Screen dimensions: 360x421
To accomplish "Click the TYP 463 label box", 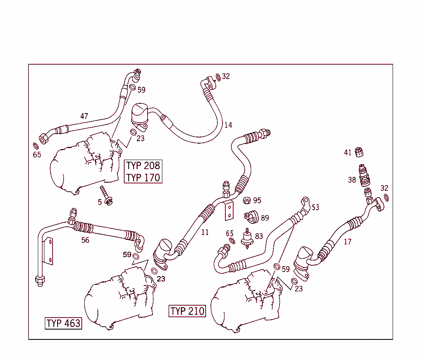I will [x=63, y=323].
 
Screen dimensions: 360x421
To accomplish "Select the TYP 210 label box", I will [x=187, y=311].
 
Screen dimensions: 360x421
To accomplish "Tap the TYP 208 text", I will [x=143, y=166].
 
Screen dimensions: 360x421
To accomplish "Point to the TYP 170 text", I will [x=143, y=178].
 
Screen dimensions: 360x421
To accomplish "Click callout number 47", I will [x=84, y=116].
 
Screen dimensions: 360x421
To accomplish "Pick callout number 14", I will [x=228, y=125].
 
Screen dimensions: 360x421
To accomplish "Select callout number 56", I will [x=85, y=240].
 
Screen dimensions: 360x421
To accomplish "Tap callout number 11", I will [x=205, y=232].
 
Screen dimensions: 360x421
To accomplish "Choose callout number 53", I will [x=315, y=207].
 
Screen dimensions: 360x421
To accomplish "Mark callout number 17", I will [x=348, y=242].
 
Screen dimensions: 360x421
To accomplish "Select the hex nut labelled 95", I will [x=247, y=201].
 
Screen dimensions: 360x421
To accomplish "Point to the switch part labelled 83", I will [x=248, y=238].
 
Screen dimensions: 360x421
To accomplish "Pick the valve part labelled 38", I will [x=364, y=175].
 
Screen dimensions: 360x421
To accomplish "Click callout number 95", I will [x=257, y=200].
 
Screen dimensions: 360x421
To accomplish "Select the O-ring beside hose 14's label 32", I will [x=217, y=77].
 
